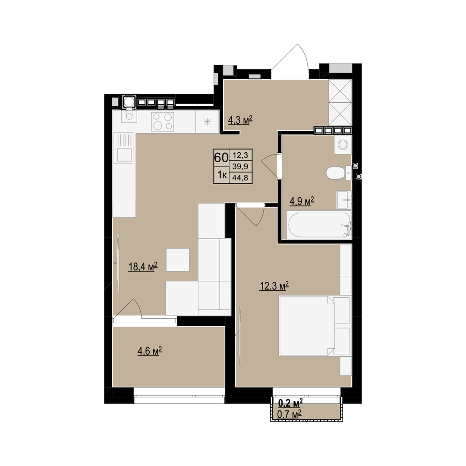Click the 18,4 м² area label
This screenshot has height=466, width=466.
(143, 266)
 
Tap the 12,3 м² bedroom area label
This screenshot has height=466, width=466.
(274, 286)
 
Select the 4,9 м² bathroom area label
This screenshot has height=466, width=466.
(302, 201)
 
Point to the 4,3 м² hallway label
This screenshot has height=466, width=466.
(240, 120)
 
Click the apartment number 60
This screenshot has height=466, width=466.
(221, 157)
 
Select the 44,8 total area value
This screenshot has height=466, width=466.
(240, 178)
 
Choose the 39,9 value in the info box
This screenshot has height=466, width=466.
(240, 166)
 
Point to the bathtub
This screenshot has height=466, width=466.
(319, 225)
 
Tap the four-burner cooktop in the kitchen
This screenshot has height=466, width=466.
(162, 122)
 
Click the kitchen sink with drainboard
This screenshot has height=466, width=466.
(125, 148)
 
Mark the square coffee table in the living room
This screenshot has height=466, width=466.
(178, 260)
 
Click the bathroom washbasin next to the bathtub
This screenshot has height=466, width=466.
(344, 200)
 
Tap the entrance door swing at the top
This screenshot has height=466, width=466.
(290, 62)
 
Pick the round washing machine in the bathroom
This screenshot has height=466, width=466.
(343, 145)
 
